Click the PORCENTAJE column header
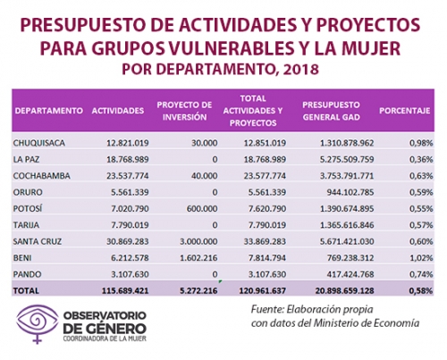click(x=404, y=111)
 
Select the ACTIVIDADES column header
click(x=118, y=111)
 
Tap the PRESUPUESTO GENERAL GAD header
click(x=331, y=111)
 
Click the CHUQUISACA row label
click(x=38, y=143)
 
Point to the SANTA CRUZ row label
click(x=38, y=241)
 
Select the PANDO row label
click(x=27, y=274)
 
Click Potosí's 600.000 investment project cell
click(x=202, y=208)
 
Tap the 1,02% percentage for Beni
click(x=421, y=257)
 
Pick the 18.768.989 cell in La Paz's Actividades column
click(x=128, y=159)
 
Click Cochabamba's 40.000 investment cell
click(x=204, y=176)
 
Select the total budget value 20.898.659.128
click(x=344, y=290)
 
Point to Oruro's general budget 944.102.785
click(x=350, y=192)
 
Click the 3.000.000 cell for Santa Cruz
click(x=198, y=241)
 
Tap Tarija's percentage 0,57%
click(x=421, y=225)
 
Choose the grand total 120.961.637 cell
click(x=262, y=290)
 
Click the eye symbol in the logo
click(x=38, y=321)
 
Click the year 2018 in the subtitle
click(x=300, y=70)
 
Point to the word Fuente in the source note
click(x=267, y=310)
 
